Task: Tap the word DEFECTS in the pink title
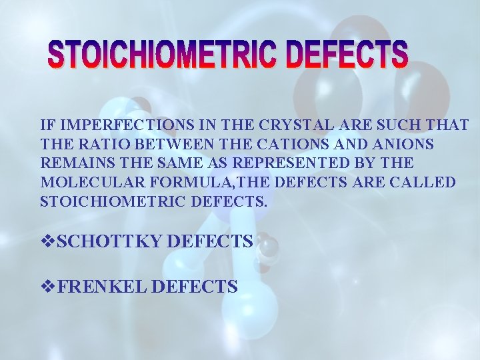coord(347,55)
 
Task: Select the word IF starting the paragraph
coord(46,125)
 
